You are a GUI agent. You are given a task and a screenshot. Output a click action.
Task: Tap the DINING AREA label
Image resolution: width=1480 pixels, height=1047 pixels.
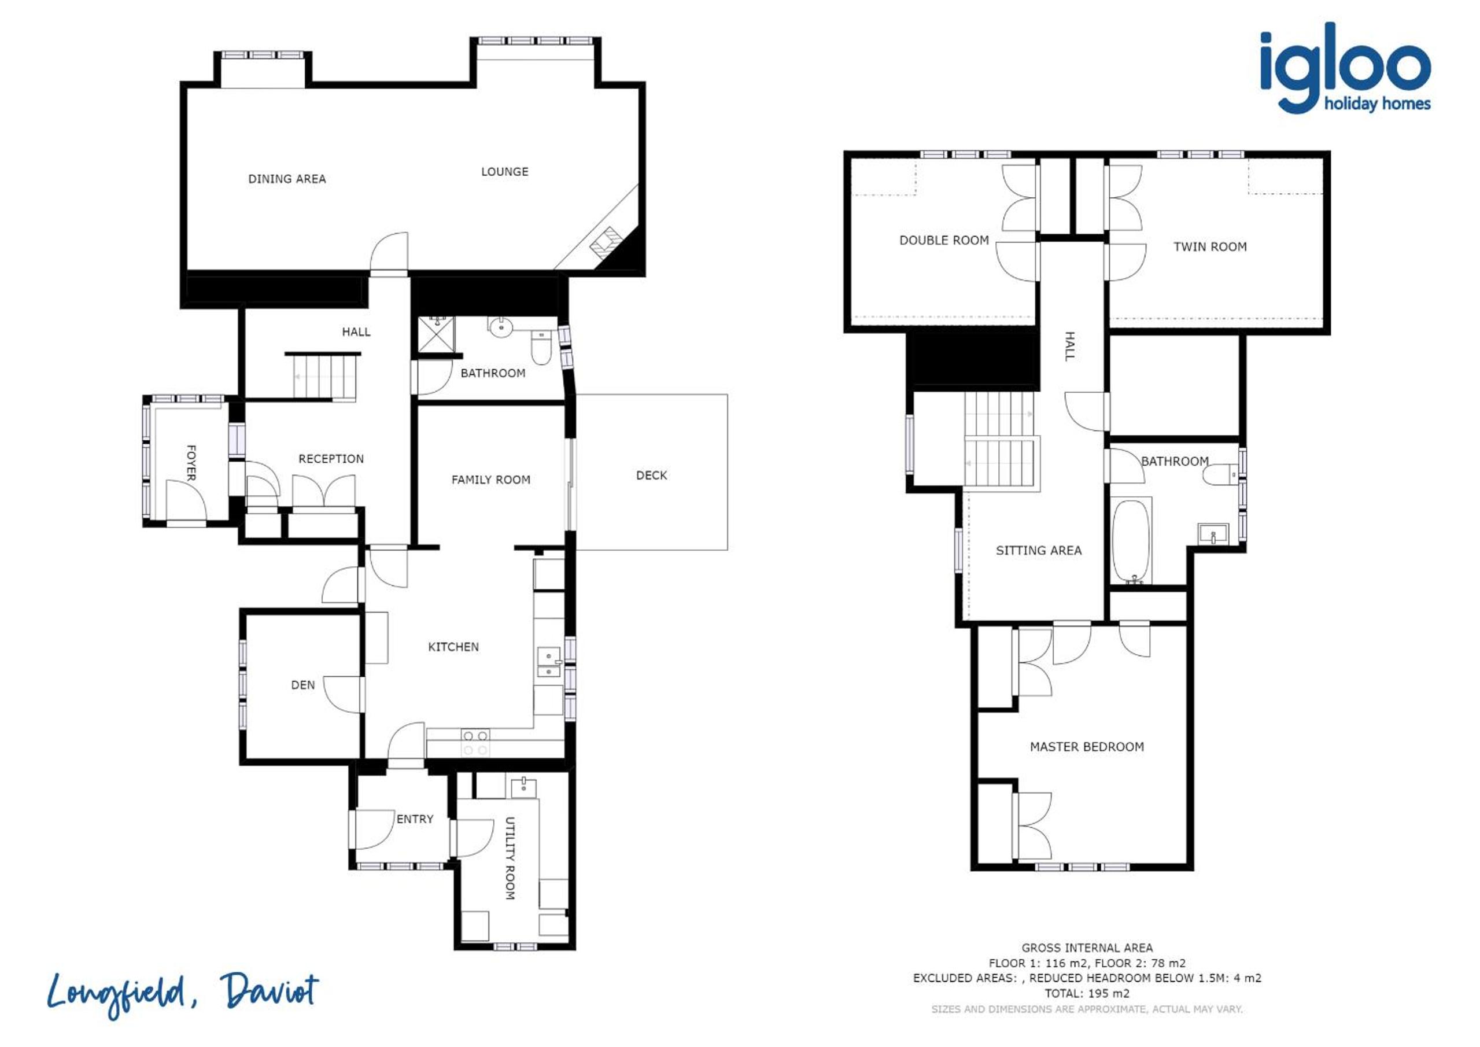pos(287,179)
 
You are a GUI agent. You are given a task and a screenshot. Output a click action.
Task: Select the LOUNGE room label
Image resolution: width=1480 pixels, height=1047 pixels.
pos(505,171)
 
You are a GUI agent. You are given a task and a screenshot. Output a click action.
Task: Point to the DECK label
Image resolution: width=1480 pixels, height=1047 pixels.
pos(651,475)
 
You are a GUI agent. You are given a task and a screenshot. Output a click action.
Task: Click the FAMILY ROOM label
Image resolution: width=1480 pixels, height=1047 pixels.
pos(490,480)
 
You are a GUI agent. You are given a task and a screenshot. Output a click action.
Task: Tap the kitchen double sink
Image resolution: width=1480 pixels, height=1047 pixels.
pos(548,663)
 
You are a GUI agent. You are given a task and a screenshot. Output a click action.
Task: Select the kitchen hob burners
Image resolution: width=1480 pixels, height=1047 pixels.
pos(475,742)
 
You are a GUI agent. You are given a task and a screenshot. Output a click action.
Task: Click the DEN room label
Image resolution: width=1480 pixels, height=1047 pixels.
pos(303,685)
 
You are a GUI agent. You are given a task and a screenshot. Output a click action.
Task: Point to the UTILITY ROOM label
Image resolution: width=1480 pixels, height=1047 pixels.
pos(509,858)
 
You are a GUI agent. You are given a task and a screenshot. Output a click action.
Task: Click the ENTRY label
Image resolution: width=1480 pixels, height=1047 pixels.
pos(415,819)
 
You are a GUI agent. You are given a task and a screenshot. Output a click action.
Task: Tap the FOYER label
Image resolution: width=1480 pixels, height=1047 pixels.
pos(191,462)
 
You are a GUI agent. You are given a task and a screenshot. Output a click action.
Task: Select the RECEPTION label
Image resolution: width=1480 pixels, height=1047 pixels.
pos(331,459)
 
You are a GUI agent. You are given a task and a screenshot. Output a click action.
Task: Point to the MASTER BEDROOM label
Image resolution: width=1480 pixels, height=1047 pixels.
pos(1087,747)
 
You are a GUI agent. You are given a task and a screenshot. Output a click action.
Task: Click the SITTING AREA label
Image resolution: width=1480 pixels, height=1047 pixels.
pos(1039,551)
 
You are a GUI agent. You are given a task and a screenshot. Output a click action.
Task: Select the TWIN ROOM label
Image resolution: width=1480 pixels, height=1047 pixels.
pos(1210,246)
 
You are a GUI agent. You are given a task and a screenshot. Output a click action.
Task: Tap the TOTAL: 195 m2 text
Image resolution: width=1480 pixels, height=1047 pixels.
pos(1087,993)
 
